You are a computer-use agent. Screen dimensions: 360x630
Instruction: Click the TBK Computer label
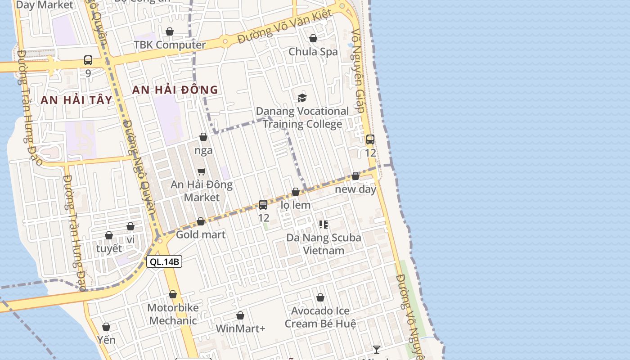[170, 45]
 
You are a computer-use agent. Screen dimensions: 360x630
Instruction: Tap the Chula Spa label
[313, 52]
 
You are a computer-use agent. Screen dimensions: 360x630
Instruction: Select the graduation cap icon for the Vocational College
[302, 98]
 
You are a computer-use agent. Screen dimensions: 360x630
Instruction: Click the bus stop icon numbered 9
[88, 60]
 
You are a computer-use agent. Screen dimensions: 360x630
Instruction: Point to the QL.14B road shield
[164, 261]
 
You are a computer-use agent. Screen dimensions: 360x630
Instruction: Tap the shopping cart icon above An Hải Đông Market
[202, 171]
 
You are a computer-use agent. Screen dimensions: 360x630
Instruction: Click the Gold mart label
[201, 234]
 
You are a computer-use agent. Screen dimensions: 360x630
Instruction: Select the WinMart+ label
[240, 328]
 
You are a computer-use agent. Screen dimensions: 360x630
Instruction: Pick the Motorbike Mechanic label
[173, 314]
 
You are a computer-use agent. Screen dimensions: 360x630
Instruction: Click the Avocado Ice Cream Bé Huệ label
[320, 317]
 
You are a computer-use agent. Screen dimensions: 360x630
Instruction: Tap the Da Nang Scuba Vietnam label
[324, 243]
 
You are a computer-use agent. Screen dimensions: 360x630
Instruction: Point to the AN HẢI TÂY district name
[76, 100]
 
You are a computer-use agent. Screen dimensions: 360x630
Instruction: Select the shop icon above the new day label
[355, 176]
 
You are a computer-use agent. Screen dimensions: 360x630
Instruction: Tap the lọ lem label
[296, 205]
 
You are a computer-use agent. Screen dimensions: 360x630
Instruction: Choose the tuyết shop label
[109, 248]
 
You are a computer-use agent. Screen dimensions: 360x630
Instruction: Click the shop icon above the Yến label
[106, 327]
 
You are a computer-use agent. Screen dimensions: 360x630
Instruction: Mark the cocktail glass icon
[377, 350]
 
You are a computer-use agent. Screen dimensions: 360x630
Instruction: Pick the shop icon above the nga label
[203, 137]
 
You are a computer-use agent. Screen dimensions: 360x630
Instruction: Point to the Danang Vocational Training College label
[302, 117]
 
